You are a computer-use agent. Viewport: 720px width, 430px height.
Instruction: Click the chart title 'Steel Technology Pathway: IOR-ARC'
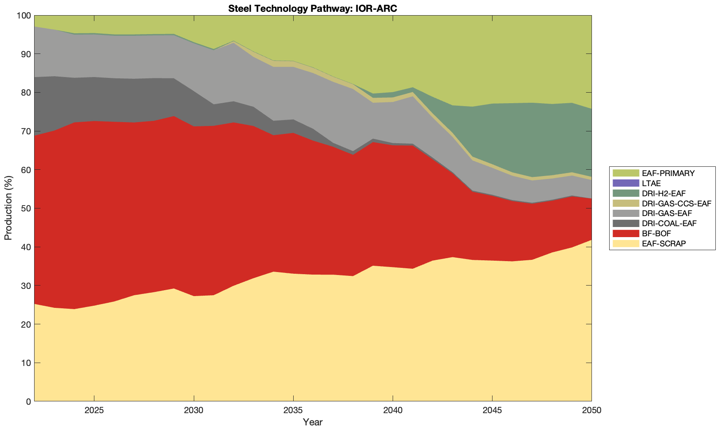(x=313, y=8)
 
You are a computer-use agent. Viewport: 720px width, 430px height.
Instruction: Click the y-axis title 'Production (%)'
(x=8, y=208)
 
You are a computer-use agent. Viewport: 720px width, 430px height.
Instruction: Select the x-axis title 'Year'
(x=313, y=422)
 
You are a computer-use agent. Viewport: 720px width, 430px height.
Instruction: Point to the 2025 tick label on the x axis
(x=94, y=411)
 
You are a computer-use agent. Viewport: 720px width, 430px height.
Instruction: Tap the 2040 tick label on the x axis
(x=393, y=411)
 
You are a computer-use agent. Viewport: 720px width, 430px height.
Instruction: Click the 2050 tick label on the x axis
(x=592, y=411)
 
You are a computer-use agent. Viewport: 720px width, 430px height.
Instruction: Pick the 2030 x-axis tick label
(x=194, y=411)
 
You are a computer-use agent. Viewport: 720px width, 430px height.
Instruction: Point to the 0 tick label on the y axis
(x=28, y=401)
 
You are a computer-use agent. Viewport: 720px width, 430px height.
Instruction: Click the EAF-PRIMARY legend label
(x=668, y=173)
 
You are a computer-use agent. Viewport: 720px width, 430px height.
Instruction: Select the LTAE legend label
(x=651, y=183)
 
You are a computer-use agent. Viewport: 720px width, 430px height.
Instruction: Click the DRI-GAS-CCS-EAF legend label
(x=676, y=203)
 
